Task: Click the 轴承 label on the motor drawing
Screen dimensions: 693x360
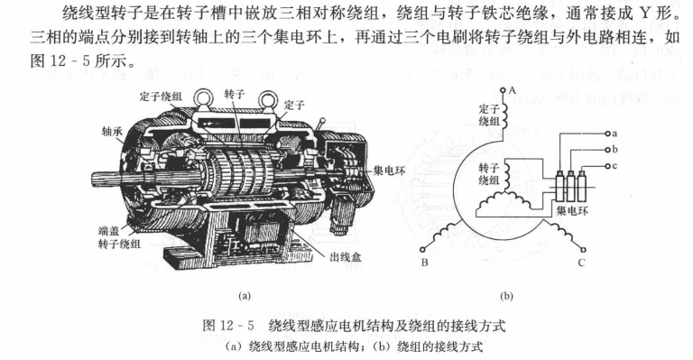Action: (112, 131)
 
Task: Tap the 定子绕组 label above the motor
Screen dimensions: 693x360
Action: (161, 97)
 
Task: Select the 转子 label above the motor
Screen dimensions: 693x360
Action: (235, 94)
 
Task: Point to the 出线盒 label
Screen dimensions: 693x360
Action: (346, 257)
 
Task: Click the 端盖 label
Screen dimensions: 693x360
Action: (108, 231)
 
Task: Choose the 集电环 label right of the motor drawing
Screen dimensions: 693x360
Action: (390, 171)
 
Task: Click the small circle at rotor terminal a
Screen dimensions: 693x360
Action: (607, 134)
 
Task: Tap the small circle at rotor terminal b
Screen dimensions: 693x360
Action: (607, 150)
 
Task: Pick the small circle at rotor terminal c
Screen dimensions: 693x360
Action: (607, 166)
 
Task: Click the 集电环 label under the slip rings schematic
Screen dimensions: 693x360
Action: (572, 211)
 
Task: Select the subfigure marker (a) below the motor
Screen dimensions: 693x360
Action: (245, 296)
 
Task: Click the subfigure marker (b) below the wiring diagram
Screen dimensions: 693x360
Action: (506, 296)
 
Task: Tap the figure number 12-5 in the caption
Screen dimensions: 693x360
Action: (236, 327)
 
